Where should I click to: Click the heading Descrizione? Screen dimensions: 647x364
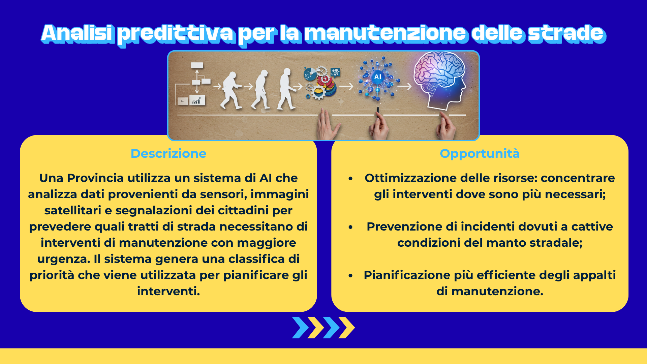pyautogui.click(x=168, y=153)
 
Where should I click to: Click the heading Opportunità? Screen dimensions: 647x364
pyautogui.click(x=480, y=154)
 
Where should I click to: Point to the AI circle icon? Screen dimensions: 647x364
pyautogui.click(x=378, y=77)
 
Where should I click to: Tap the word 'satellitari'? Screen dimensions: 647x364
pyautogui.click(x=73, y=210)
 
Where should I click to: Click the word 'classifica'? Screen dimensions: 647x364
pyautogui.click(x=256, y=259)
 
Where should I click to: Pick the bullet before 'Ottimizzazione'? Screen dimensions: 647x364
pyautogui.click(x=350, y=178)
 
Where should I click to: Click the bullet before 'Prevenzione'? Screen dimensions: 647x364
pyautogui.click(x=350, y=227)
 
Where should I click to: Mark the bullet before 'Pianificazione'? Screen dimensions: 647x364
pyautogui.click(x=350, y=275)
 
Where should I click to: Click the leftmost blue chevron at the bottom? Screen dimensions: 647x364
pyautogui.click(x=300, y=328)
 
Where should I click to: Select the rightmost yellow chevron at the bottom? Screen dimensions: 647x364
pyautogui.click(x=347, y=328)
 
